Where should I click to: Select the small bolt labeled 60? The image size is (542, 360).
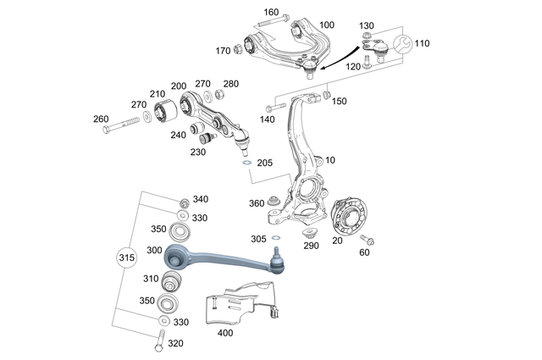click(x=369, y=241)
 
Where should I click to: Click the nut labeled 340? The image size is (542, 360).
click(x=184, y=201)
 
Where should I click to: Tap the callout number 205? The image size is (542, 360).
click(x=264, y=163)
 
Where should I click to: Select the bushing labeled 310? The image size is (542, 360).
click(x=174, y=280)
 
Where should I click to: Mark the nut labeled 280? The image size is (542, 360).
click(x=219, y=95)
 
